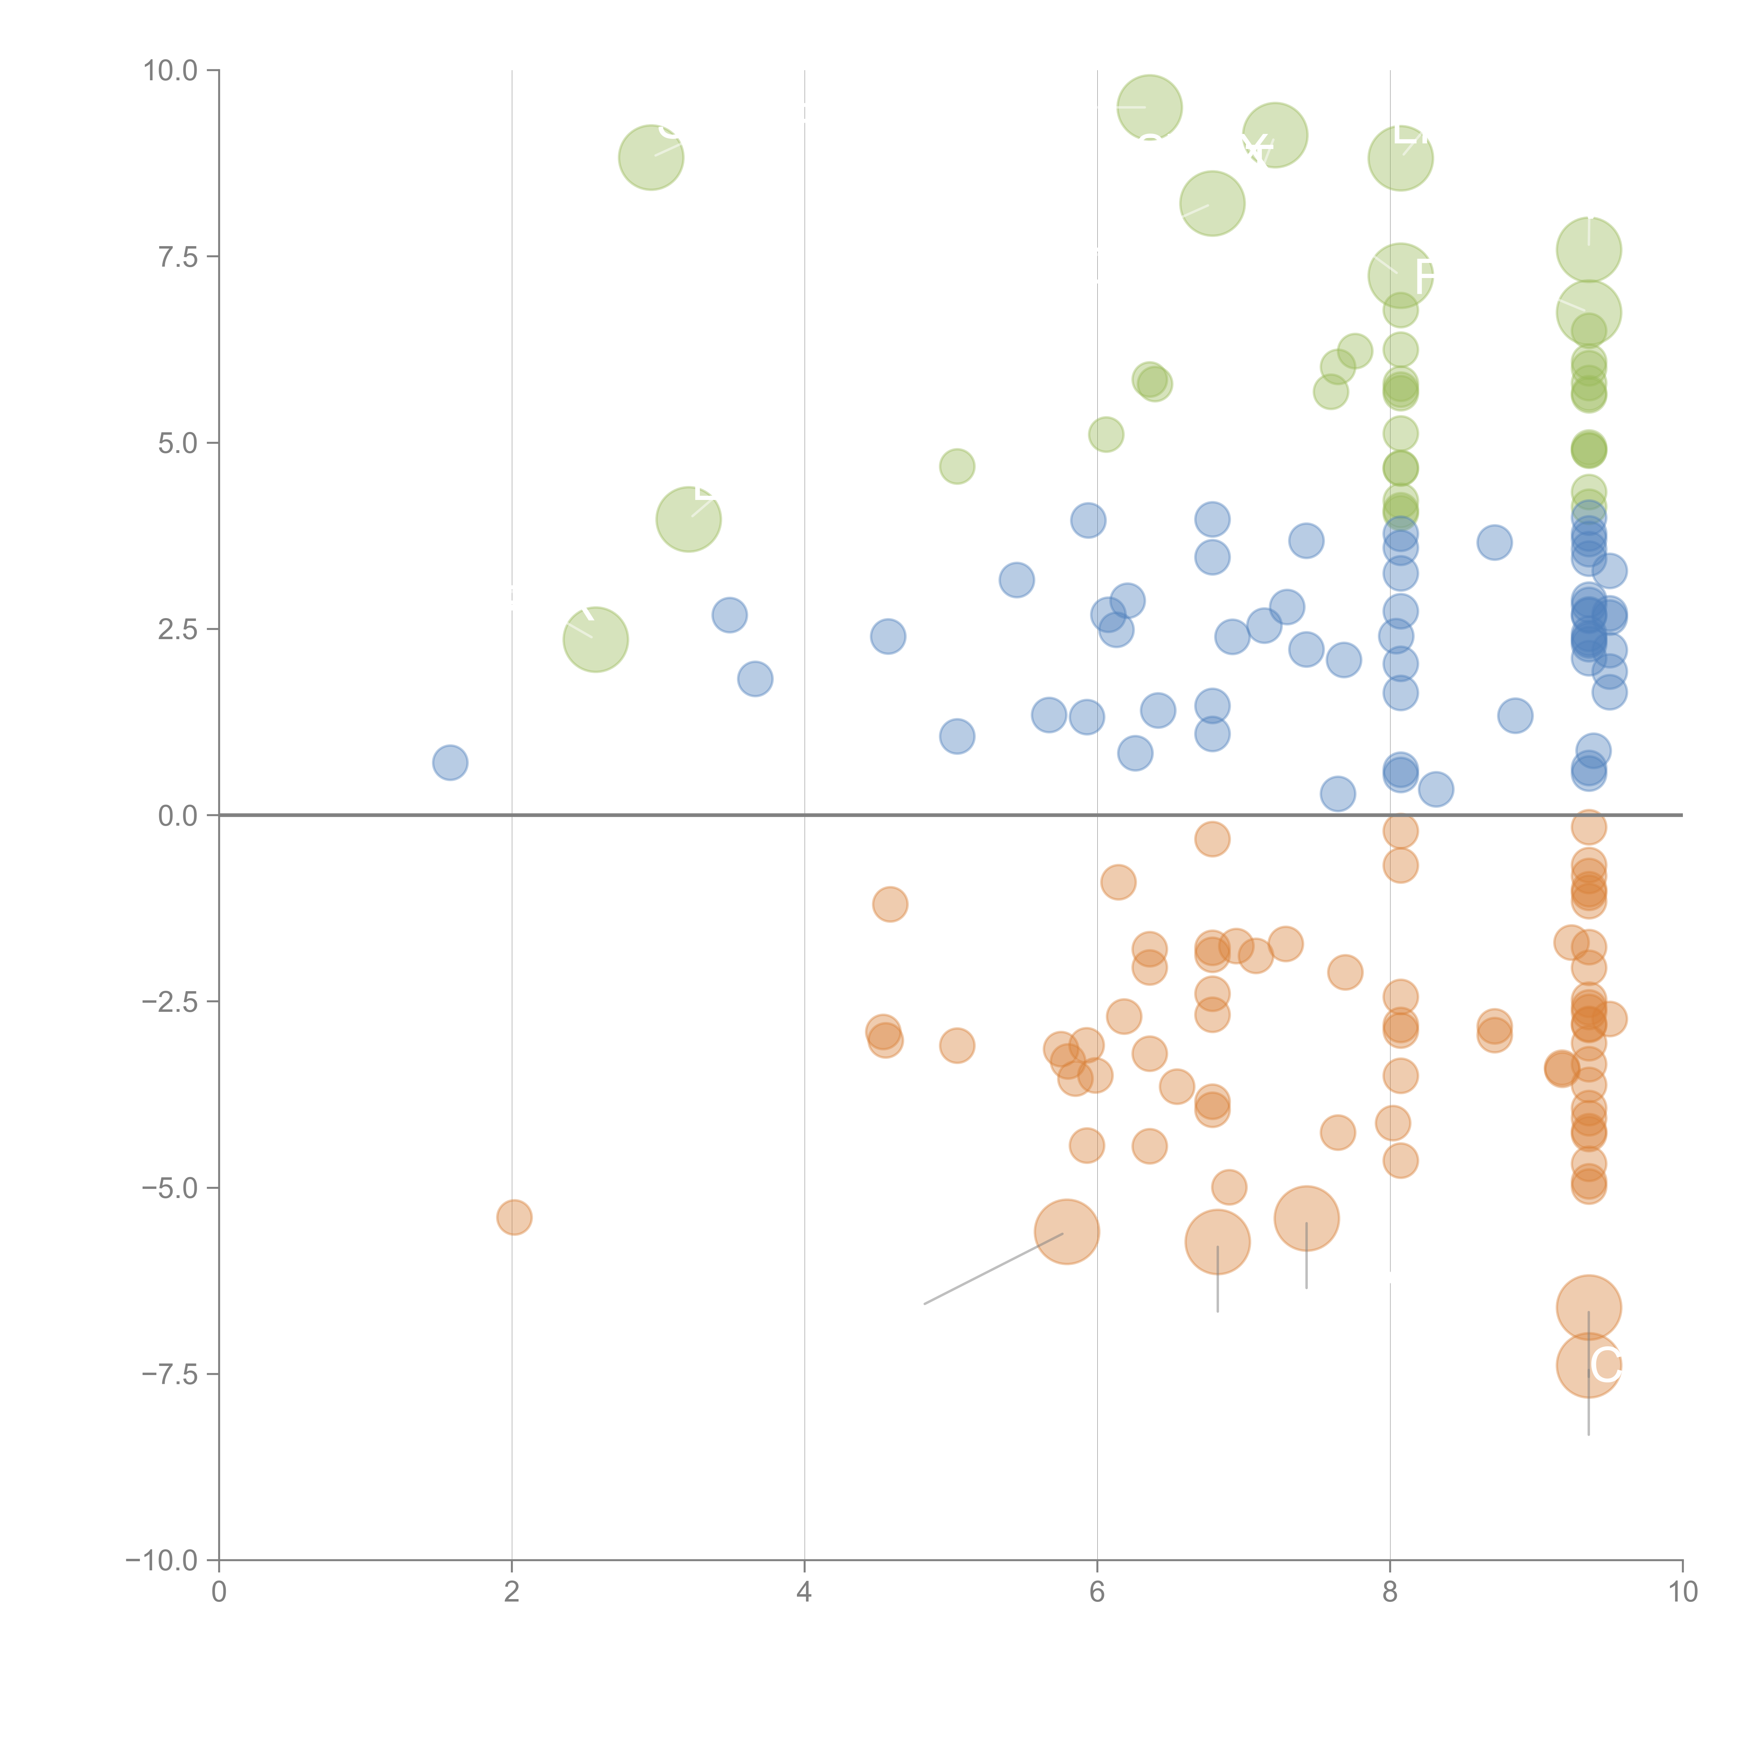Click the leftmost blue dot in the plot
point(450,763)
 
